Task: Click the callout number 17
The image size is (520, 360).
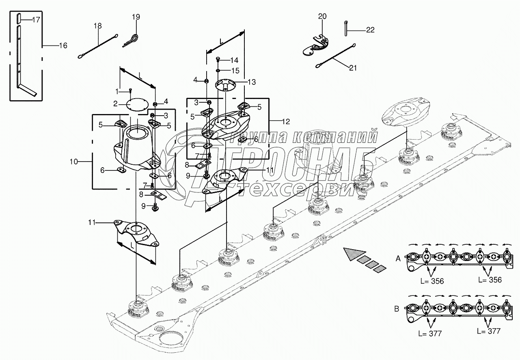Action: coord(36,20)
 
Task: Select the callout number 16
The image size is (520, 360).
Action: coord(63,45)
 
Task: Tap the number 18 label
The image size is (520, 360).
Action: coord(98,26)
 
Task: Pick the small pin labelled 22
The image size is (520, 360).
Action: coord(345,28)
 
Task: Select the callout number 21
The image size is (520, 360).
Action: coord(353,68)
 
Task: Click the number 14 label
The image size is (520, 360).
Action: coord(234,60)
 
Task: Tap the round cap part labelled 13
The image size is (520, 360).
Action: coord(225,85)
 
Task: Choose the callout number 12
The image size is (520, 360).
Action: coord(286,122)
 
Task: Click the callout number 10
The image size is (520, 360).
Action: coord(74,162)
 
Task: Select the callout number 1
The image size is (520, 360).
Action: coord(117,91)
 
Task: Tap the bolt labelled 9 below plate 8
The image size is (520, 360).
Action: coord(154,207)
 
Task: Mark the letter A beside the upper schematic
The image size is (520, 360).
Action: coord(398,259)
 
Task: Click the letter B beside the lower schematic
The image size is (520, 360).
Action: coord(397,309)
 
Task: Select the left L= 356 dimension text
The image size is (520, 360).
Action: coord(432,281)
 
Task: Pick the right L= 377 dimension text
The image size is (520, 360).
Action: coord(489,331)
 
